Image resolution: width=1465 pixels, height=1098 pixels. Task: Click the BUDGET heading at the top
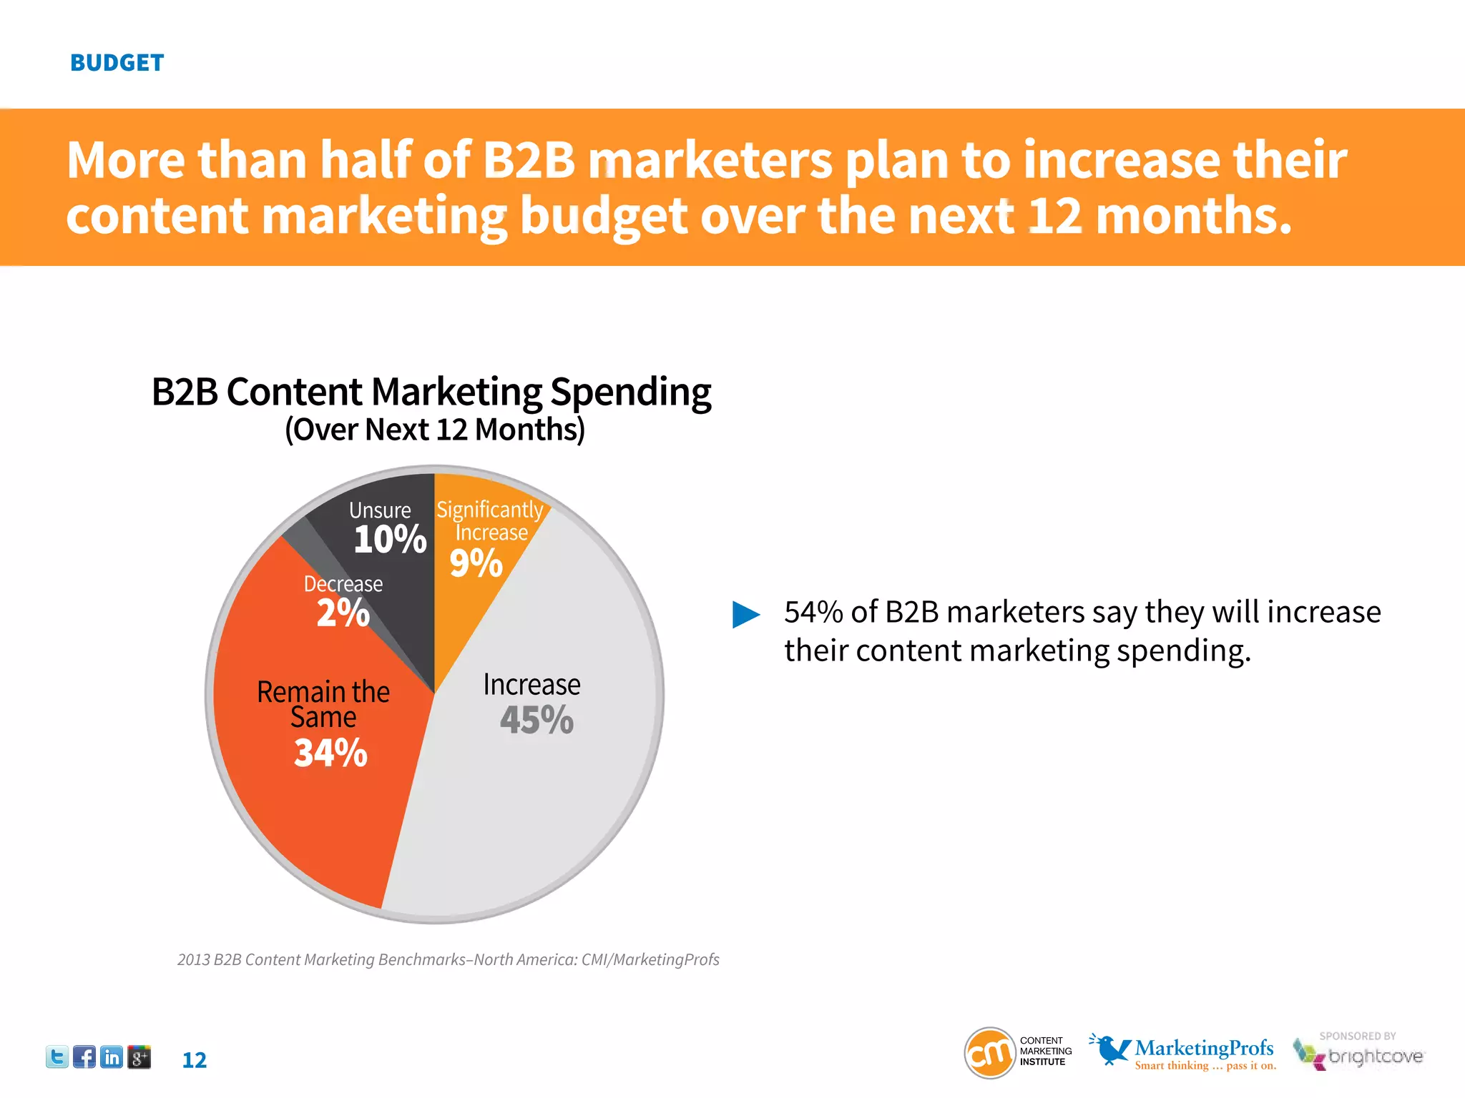pos(117,63)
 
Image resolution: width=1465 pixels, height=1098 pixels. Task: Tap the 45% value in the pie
pos(536,720)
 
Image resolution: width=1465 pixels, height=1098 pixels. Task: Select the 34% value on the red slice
pos(330,753)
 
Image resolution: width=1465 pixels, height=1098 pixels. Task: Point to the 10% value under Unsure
pos(390,539)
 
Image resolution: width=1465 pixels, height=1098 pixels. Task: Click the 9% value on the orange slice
pos(476,563)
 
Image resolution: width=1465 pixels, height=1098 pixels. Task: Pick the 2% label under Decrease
pos(343,613)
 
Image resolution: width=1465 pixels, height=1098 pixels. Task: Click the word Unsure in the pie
pos(380,510)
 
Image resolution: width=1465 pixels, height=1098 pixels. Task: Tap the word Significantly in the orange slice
pos(490,509)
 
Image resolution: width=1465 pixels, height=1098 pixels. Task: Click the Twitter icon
pos(57,1057)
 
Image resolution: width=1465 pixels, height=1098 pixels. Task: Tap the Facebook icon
pos(84,1057)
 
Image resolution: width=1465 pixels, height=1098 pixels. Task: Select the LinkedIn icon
pos(112,1057)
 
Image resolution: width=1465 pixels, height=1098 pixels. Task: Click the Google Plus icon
pos(139,1057)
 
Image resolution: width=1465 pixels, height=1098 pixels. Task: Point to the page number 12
pos(194,1060)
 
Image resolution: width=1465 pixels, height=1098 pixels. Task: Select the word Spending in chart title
pos(630,392)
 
